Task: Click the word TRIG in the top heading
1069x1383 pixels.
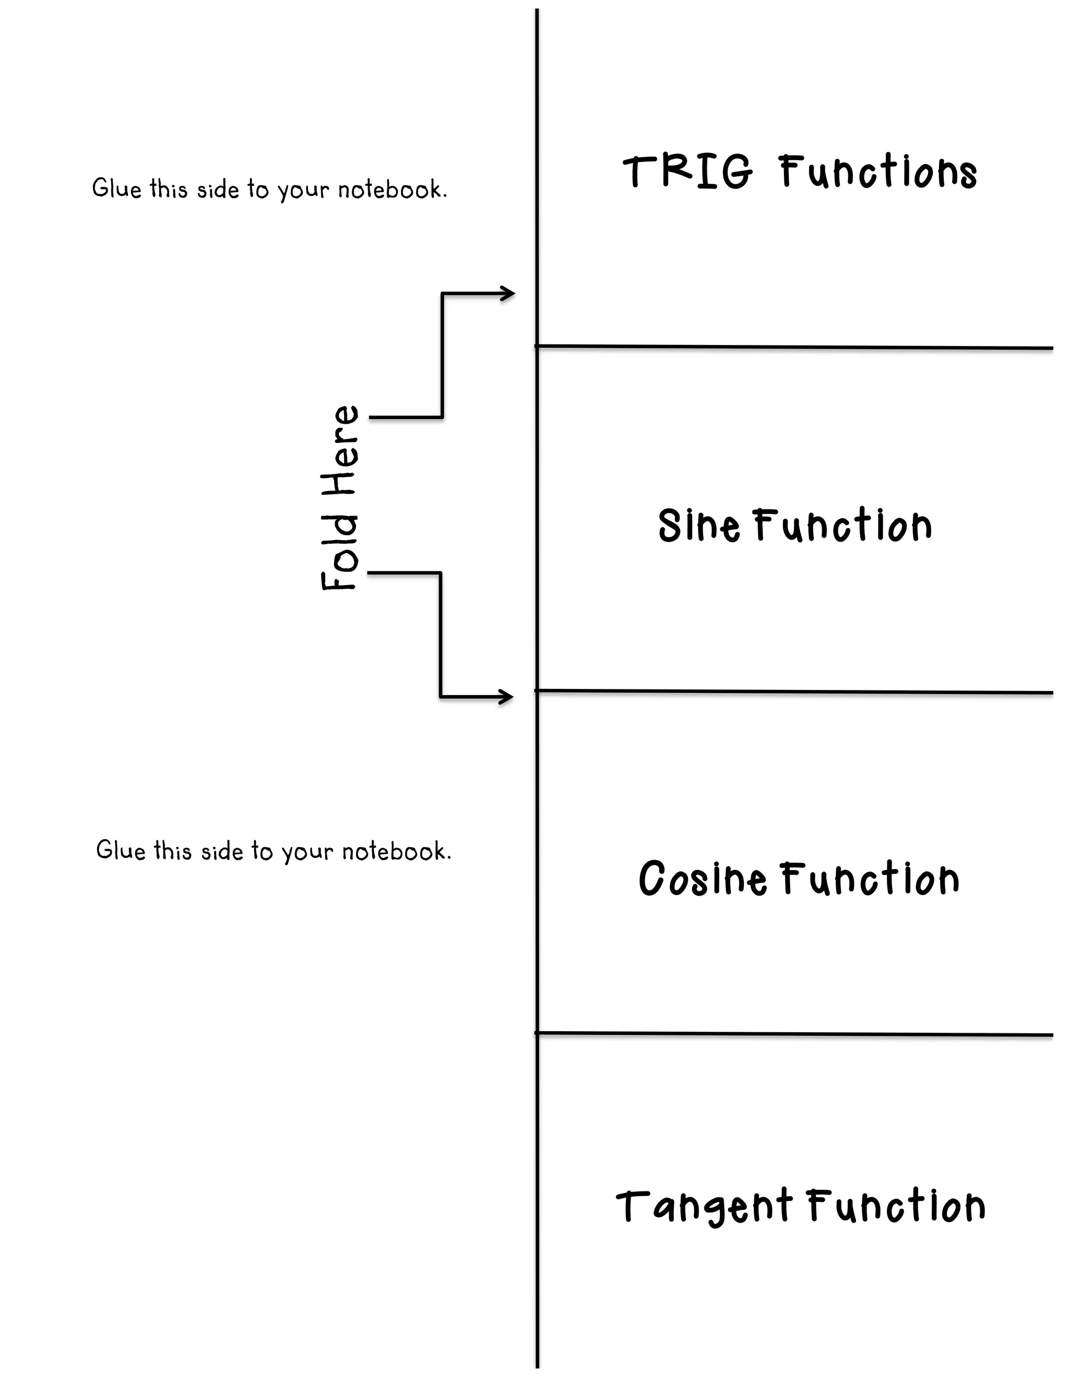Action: (x=688, y=172)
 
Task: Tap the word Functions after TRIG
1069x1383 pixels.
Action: (x=878, y=172)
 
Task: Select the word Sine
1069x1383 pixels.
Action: (x=698, y=525)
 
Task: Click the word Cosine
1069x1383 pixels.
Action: (x=701, y=879)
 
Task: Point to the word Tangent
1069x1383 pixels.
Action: (x=704, y=1206)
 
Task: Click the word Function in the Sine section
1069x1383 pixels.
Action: (x=843, y=525)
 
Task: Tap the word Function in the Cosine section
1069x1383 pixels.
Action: (x=870, y=879)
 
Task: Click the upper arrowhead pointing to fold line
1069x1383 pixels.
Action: (x=508, y=294)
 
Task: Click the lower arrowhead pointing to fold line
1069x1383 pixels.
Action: (x=507, y=697)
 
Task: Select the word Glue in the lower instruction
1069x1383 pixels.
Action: (x=121, y=850)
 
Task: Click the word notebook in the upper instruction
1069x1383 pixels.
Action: (x=391, y=189)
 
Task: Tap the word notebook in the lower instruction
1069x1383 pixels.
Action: (x=396, y=851)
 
